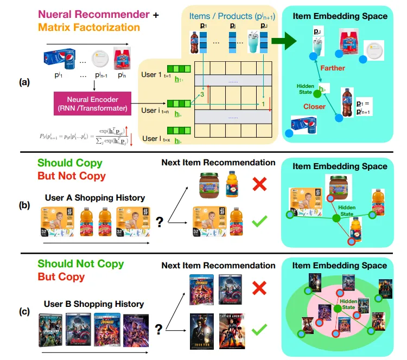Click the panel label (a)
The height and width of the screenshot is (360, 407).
point(24,82)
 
